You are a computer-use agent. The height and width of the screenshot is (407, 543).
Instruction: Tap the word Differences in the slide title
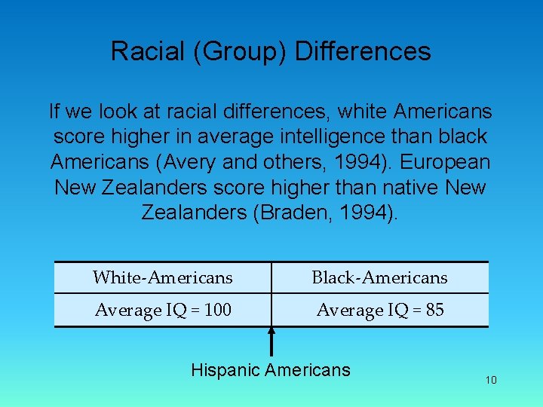363,51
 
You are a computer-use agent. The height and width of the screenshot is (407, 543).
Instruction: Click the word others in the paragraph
284,162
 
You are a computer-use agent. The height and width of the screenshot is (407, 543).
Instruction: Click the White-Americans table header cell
163,277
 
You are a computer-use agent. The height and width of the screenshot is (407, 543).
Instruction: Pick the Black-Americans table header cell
379,277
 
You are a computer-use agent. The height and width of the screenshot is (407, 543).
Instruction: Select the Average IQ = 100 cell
163,310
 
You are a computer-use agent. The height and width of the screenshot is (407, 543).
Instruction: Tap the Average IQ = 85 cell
379,310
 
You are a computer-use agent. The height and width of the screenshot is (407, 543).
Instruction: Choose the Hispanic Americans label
271,370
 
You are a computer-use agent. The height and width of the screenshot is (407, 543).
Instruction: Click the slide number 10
491,380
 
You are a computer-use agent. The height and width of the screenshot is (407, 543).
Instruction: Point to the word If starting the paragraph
54,112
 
